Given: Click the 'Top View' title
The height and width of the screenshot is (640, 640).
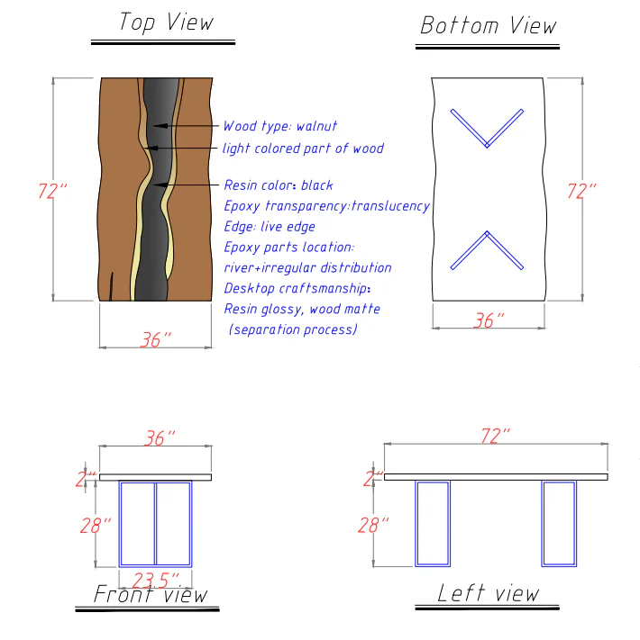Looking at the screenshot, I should [x=166, y=22].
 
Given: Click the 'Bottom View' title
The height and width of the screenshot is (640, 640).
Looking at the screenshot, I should [x=488, y=25].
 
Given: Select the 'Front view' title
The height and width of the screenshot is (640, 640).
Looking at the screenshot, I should [x=151, y=594].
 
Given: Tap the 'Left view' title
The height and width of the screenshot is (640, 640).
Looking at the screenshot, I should [x=488, y=592].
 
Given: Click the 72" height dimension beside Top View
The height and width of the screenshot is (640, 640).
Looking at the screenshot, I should [x=53, y=191].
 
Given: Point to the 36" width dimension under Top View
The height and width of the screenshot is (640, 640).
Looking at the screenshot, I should [x=156, y=339].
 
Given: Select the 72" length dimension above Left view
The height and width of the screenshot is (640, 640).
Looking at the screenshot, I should [x=495, y=436].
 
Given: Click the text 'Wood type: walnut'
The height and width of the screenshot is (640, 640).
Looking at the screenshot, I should [x=279, y=127].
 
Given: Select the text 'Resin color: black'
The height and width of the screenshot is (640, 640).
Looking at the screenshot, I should [x=278, y=185].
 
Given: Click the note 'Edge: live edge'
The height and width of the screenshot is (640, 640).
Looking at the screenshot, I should [x=269, y=227].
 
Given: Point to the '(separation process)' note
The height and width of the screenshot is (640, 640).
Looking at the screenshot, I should [x=293, y=329].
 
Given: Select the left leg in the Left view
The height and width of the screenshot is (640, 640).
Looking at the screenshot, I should [x=432, y=523].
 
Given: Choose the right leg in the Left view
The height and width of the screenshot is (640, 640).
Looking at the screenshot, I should [x=558, y=523].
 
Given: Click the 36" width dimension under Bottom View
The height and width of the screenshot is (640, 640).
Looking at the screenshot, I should [x=489, y=320].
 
